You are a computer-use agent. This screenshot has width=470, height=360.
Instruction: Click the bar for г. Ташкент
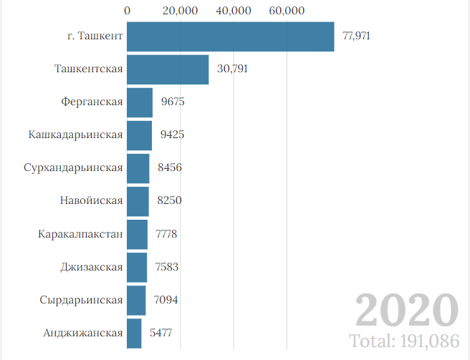[x=230, y=37]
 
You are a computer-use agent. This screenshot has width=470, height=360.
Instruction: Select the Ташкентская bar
[x=168, y=69]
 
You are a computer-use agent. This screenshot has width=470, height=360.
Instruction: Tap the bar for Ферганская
[x=140, y=102]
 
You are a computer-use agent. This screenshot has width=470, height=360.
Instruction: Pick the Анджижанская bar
[x=134, y=333]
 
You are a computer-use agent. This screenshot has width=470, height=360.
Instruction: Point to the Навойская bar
[x=138, y=201]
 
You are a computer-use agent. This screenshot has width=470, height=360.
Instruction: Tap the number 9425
[x=173, y=135]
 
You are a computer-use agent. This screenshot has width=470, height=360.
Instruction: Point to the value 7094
[x=166, y=300]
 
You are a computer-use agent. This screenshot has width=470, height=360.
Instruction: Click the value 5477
[x=160, y=333]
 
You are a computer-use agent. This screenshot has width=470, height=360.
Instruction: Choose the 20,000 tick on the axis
[x=180, y=11]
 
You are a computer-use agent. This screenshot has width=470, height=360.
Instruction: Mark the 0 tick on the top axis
[x=127, y=11]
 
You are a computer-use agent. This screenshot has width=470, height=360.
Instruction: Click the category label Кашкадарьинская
[x=76, y=135]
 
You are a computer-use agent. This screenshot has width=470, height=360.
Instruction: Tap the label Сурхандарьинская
[x=73, y=168]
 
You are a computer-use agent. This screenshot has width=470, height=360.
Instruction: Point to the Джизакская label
[x=92, y=267]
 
